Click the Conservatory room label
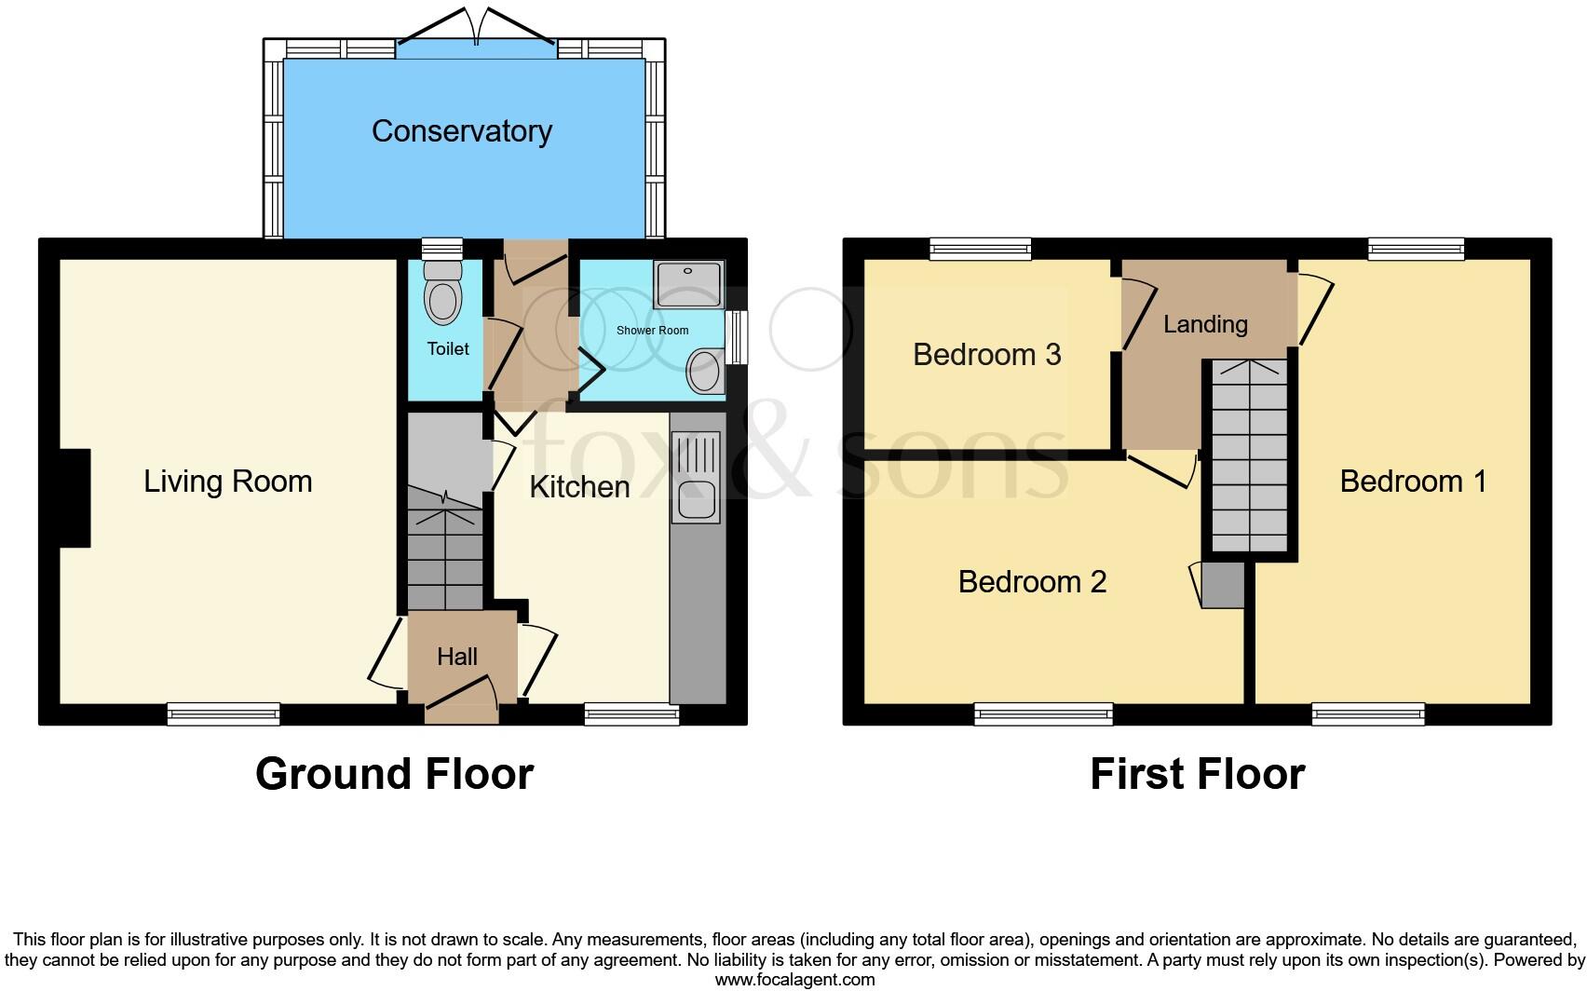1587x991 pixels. (x=462, y=131)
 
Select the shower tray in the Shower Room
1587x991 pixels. (x=688, y=285)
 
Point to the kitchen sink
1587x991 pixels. (x=697, y=500)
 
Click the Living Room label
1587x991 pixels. (x=228, y=482)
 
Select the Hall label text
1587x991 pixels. (x=457, y=657)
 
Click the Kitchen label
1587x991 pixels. (x=579, y=487)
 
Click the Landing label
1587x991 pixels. (x=1205, y=324)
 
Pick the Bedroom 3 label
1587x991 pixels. (x=987, y=355)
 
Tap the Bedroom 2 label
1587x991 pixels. (x=1032, y=582)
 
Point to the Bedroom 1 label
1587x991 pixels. (x=1412, y=482)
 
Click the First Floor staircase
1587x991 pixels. (x=1249, y=456)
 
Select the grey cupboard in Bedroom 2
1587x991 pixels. (x=1223, y=585)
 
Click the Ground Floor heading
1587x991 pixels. (x=394, y=774)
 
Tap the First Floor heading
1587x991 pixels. (x=1197, y=774)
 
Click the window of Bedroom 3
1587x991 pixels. (x=981, y=248)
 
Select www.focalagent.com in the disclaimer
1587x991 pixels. (x=794, y=980)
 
